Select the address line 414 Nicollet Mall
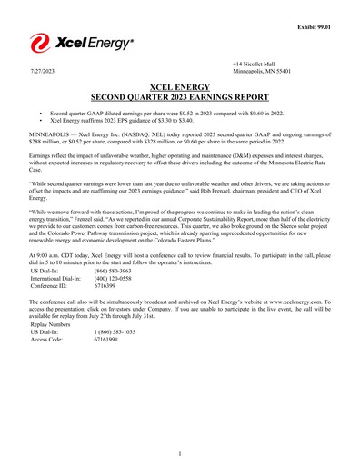point(255,62)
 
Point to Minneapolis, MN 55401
point(264,70)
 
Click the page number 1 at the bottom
point(180,453)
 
